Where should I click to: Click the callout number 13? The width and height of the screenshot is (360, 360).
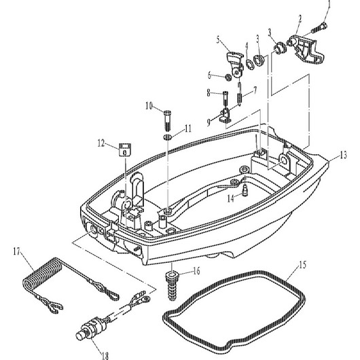click(343, 156)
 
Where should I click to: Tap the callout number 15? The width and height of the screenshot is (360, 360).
click(303, 265)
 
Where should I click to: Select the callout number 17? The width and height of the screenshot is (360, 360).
click(17, 251)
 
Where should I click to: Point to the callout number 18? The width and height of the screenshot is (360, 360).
click(105, 356)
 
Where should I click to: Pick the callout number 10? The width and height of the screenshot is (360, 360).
click(149, 106)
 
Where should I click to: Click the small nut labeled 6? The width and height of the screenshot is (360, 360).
click(228, 77)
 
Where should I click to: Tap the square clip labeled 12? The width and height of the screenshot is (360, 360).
click(125, 149)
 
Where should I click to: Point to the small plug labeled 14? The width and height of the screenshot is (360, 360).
click(245, 190)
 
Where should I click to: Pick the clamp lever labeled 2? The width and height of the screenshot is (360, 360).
click(306, 50)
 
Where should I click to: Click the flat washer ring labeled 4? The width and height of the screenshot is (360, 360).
click(249, 64)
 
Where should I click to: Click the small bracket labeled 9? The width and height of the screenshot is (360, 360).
click(226, 115)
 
